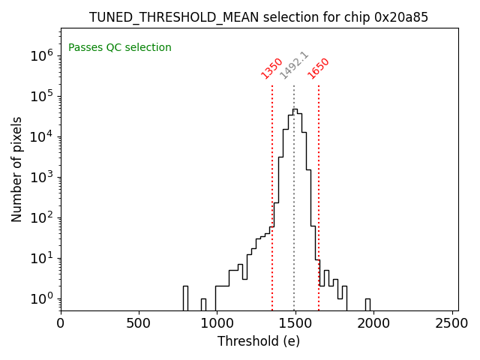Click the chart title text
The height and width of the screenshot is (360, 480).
coord(259,17)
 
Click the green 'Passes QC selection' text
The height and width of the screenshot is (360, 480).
coord(120,48)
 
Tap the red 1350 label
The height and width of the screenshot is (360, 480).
coord(271,68)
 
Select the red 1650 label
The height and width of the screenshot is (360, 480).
coord(319,68)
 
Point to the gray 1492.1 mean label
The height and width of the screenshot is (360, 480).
coord(294,65)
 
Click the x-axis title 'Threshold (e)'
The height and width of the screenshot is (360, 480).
coord(259,341)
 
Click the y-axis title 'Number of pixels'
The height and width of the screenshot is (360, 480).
coord(17,169)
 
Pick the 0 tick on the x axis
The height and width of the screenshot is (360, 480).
coord(61,324)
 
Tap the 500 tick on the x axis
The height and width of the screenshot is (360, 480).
coord(139,324)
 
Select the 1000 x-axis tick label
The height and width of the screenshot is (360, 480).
coord(216,324)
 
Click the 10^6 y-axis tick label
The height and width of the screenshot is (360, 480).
coord(40,55)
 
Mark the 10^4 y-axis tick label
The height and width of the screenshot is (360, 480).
coord(40,136)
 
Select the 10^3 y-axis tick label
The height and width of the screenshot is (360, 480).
coord(40,177)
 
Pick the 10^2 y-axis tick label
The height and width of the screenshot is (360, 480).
coord(40,217)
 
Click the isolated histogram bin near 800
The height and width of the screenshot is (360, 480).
coord(185,298)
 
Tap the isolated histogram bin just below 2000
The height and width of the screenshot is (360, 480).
coord(367,304)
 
